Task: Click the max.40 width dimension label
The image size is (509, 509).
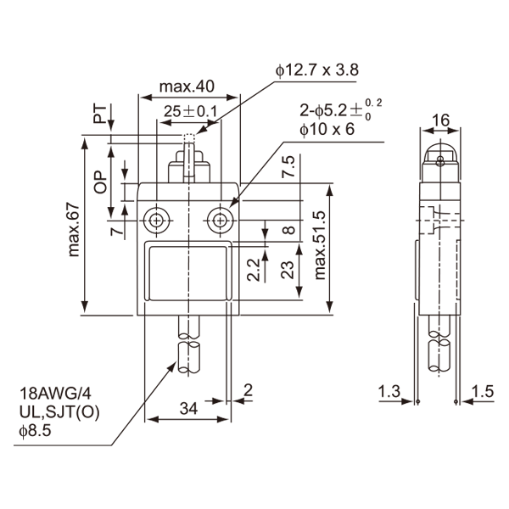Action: pos(187,87)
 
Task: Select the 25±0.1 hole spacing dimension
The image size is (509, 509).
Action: pos(190,111)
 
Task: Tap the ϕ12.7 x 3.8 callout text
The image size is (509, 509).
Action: pos(317,70)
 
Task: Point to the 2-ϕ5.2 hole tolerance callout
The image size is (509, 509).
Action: pos(340,110)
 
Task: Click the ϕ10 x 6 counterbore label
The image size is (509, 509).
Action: pos(327,130)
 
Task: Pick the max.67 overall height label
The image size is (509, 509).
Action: pos(74,230)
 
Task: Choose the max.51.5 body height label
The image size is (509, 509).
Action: pos(320,245)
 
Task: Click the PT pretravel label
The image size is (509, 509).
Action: pos(100,114)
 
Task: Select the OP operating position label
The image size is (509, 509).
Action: pos(100,182)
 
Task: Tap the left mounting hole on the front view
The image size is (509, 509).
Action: pos(157,221)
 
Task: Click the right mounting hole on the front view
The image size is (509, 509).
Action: pos(220,221)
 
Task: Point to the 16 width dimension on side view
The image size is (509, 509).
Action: pos(441,120)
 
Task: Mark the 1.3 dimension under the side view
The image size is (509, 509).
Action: pos(389,391)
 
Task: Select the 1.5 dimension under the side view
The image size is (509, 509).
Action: pos(483,391)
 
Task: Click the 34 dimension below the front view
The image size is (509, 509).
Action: pos(188,408)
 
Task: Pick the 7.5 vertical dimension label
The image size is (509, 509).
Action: pos(288,166)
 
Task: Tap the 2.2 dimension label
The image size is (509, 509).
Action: pos(254,270)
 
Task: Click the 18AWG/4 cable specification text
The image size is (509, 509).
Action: pos(55,394)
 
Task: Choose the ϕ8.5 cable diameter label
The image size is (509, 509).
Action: pos(35,432)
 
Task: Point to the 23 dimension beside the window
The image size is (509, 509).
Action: pos(288,270)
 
